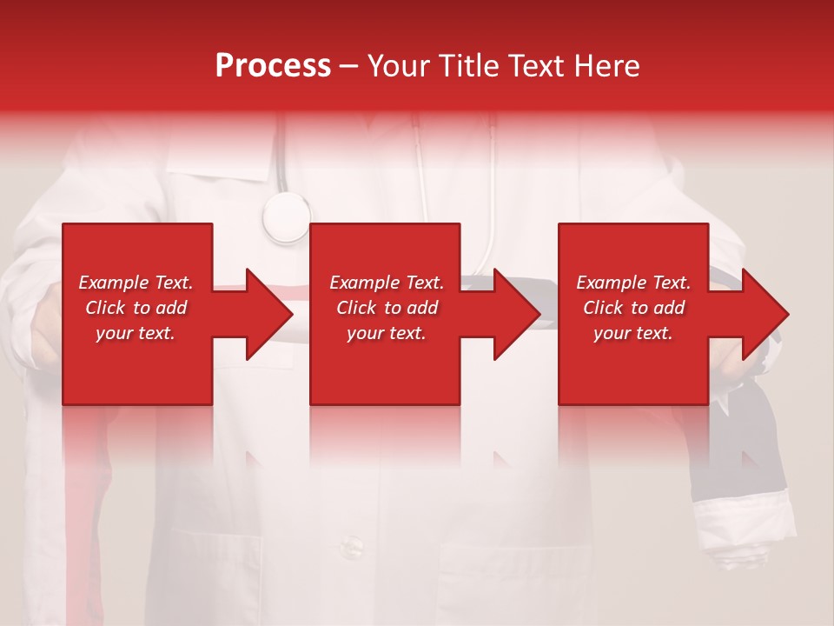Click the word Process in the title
click(x=273, y=66)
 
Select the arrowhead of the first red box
click(x=265, y=314)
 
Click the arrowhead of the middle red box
click(x=513, y=314)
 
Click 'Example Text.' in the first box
click(x=136, y=283)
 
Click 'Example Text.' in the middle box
click(x=387, y=283)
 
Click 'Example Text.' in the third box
click(x=633, y=283)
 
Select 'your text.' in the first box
click(x=136, y=333)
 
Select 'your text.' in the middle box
click(x=387, y=333)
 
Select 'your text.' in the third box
click(x=633, y=333)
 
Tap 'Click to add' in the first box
click(x=136, y=308)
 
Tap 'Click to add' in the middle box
click(x=387, y=308)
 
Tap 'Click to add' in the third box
click(x=633, y=308)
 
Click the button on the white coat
click(x=351, y=546)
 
